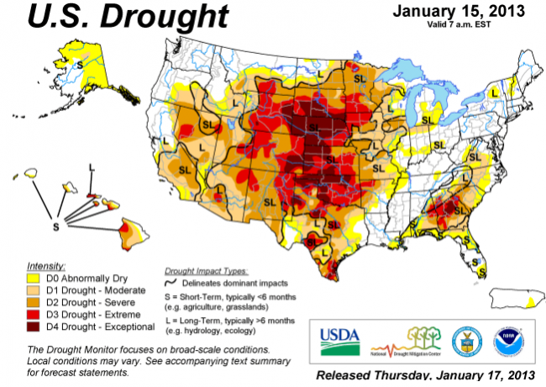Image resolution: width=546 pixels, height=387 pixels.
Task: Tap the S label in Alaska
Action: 81,63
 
